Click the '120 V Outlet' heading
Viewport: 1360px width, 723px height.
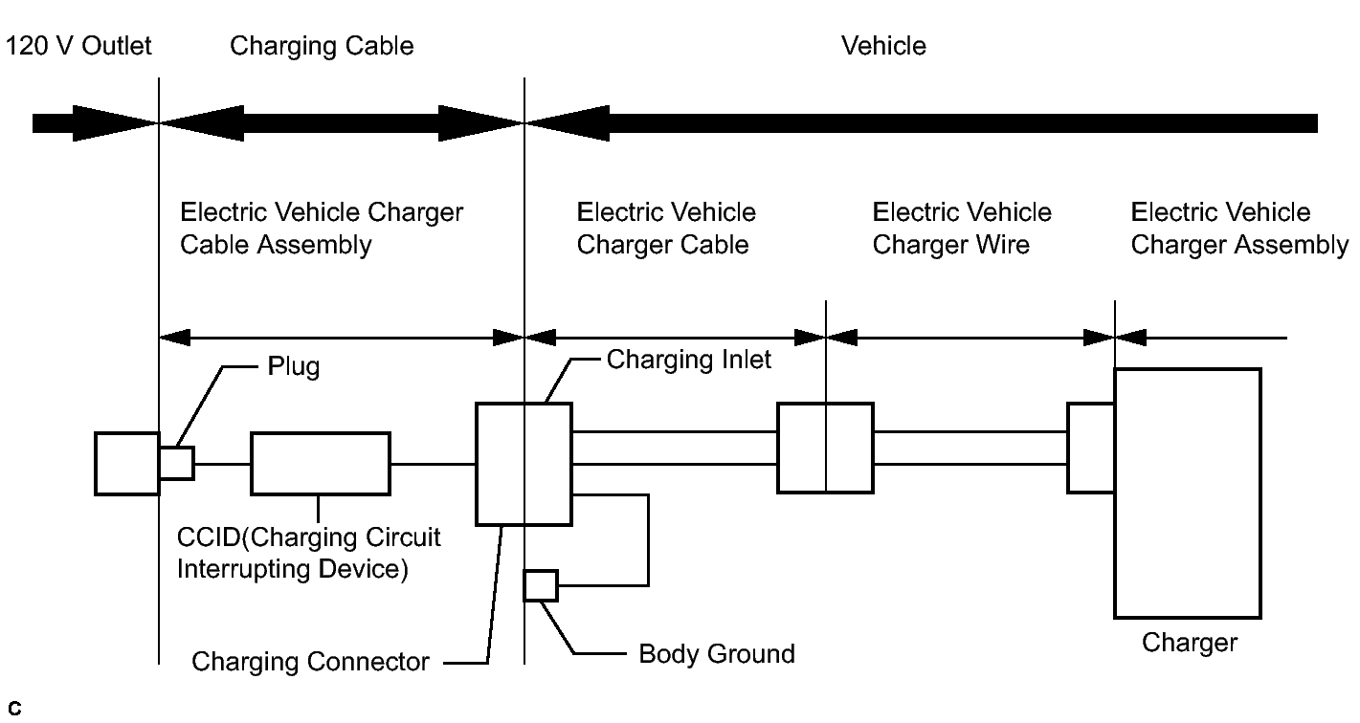(x=78, y=46)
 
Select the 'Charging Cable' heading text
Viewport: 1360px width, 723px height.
(x=322, y=47)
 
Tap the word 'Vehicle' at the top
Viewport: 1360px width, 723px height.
(x=883, y=46)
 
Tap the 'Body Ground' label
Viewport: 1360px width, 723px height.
(x=717, y=654)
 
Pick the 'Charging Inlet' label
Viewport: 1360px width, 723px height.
(x=688, y=360)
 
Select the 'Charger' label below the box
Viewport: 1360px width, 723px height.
(x=1190, y=643)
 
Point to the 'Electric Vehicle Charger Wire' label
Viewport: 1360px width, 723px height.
(x=962, y=229)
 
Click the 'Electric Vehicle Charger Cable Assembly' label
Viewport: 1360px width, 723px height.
(x=322, y=229)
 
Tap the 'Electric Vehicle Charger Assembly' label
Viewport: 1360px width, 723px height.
(x=1238, y=229)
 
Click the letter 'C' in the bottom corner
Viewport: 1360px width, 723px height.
(x=14, y=709)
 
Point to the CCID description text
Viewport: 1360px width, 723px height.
(x=308, y=553)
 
